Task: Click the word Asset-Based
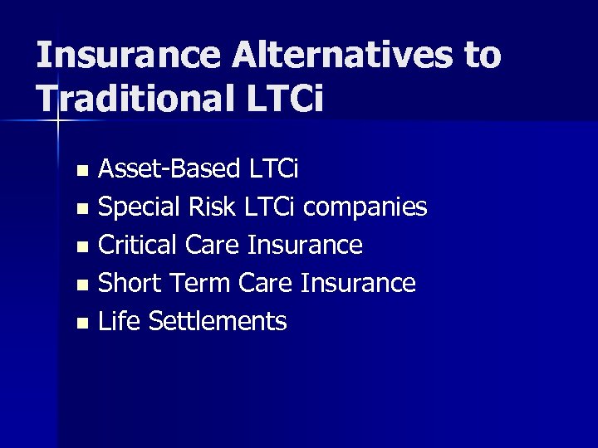[x=169, y=169]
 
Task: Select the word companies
[x=365, y=207]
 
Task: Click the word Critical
[x=138, y=246]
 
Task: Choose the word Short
[x=130, y=284]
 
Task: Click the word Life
[x=120, y=322]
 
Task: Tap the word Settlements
[x=218, y=322]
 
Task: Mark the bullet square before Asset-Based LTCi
[x=81, y=172]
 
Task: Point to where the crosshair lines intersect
[x=57, y=121]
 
